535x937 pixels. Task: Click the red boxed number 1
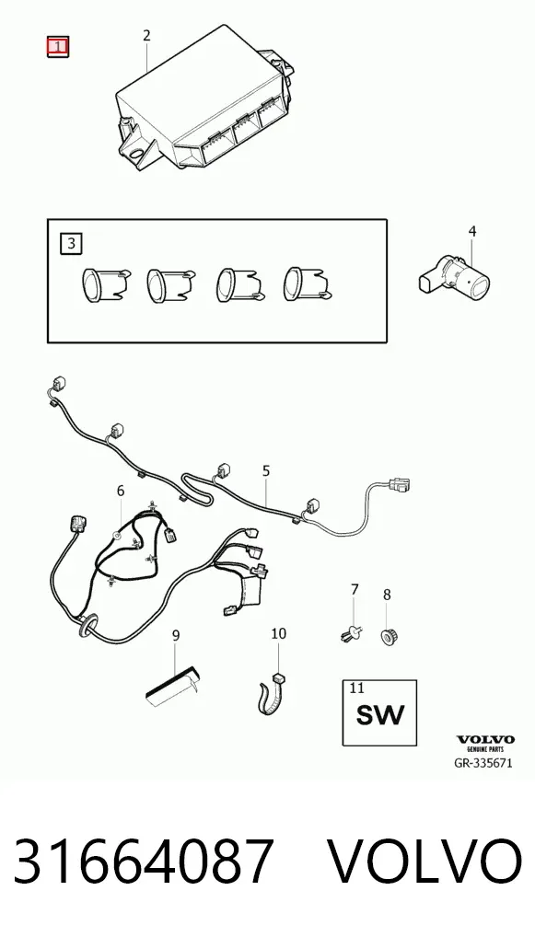coord(58,47)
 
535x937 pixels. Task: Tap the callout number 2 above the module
coord(146,36)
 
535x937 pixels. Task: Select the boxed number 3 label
coord(72,243)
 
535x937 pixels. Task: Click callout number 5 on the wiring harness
coord(266,471)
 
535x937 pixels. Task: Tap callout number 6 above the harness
coord(121,492)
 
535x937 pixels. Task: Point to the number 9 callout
coord(176,636)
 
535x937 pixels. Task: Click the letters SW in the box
coord(380,714)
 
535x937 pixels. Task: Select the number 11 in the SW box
coord(356,688)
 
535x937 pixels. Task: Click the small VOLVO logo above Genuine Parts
coord(485,740)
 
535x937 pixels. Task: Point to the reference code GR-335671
coord(483,763)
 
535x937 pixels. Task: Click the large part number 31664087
coord(144,862)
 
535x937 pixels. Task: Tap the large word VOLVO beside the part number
coord(426,862)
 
